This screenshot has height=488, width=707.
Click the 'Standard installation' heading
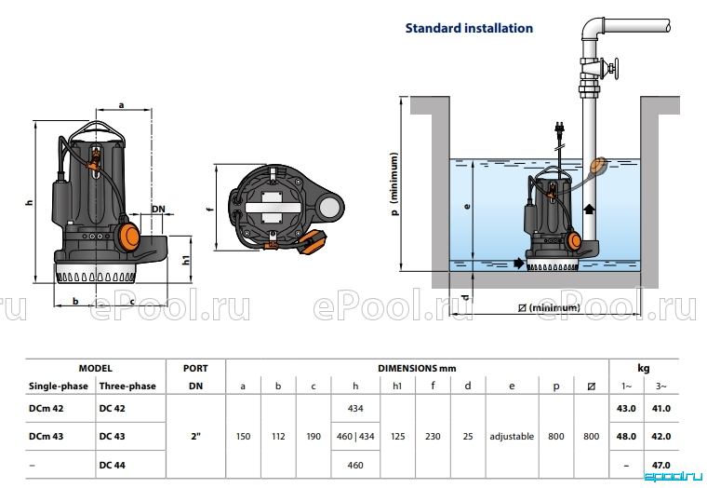(x=469, y=28)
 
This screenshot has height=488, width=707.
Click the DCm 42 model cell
(x=46, y=408)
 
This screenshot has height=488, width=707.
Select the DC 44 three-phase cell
(x=112, y=465)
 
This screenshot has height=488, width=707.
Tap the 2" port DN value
(x=195, y=436)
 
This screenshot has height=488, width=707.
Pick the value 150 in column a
(x=243, y=437)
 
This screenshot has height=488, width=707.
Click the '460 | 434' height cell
(x=355, y=437)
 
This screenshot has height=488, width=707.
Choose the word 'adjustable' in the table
(x=512, y=437)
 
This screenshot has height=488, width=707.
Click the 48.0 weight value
(x=626, y=437)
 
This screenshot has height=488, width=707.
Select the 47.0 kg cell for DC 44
(x=661, y=465)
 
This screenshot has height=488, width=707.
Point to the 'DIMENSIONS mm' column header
(x=417, y=369)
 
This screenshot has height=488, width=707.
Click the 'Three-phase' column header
(x=127, y=386)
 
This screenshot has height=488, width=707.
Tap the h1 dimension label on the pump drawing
(x=185, y=260)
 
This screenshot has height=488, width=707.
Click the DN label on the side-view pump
(x=158, y=209)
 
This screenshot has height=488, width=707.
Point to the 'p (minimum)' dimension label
(x=394, y=183)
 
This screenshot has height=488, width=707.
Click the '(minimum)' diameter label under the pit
(x=549, y=308)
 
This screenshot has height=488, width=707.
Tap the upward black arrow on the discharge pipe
(x=589, y=210)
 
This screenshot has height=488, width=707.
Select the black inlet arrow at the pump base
(x=519, y=263)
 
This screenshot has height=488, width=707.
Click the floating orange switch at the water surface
(x=598, y=166)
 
